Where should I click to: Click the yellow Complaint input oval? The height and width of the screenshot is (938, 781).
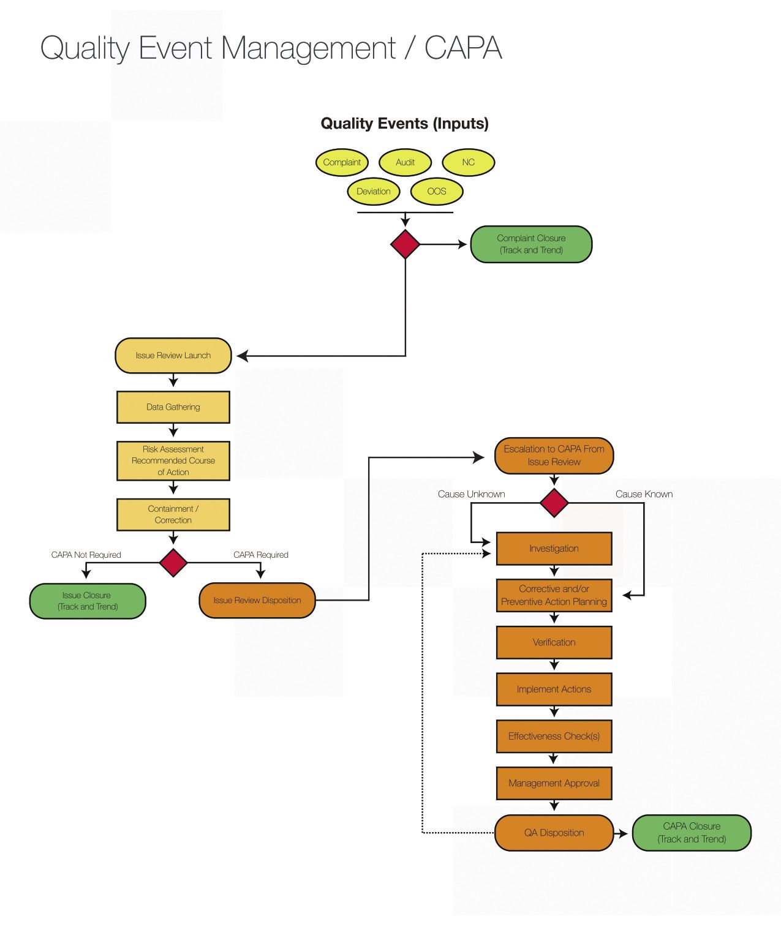tap(342, 162)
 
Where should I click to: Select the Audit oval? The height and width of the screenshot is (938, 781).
tap(405, 162)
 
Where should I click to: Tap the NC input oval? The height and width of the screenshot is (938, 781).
tap(468, 162)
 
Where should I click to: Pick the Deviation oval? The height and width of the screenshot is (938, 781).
tap(373, 191)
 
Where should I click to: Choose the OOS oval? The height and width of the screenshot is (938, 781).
tap(436, 191)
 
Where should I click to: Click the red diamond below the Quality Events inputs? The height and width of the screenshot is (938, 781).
tap(405, 244)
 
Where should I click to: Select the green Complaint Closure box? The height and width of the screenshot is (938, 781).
tap(531, 244)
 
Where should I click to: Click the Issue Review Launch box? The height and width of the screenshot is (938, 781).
tap(173, 356)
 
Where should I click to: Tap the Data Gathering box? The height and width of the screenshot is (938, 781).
tap(173, 407)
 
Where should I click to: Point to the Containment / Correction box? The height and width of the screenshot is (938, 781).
tap(173, 514)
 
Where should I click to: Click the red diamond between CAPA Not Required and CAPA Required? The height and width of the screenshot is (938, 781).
tap(173, 563)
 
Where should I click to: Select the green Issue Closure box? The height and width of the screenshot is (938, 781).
tap(87, 601)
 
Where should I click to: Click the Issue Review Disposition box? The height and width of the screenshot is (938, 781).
tap(257, 601)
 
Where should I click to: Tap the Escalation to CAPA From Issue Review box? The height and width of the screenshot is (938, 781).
tap(554, 456)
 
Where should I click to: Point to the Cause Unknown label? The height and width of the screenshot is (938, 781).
tap(471, 494)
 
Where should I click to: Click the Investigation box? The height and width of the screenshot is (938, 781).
tap(554, 549)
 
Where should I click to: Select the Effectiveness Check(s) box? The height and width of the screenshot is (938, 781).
tap(554, 737)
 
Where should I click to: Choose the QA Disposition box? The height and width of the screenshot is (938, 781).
tap(554, 833)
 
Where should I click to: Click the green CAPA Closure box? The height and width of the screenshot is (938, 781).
tap(692, 833)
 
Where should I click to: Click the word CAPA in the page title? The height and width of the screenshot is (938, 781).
tap(463, 48)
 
